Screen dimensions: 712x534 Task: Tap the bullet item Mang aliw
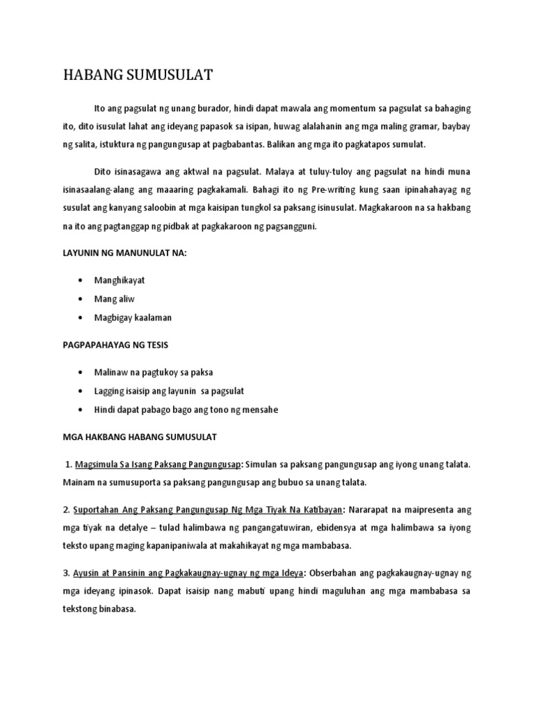(x=114, y=298)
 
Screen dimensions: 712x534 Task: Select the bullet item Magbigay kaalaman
(x=132, y=317)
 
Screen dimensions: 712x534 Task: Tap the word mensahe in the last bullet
(x=260, y=410)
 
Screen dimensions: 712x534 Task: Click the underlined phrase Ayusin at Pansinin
(x=115, y=573)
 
